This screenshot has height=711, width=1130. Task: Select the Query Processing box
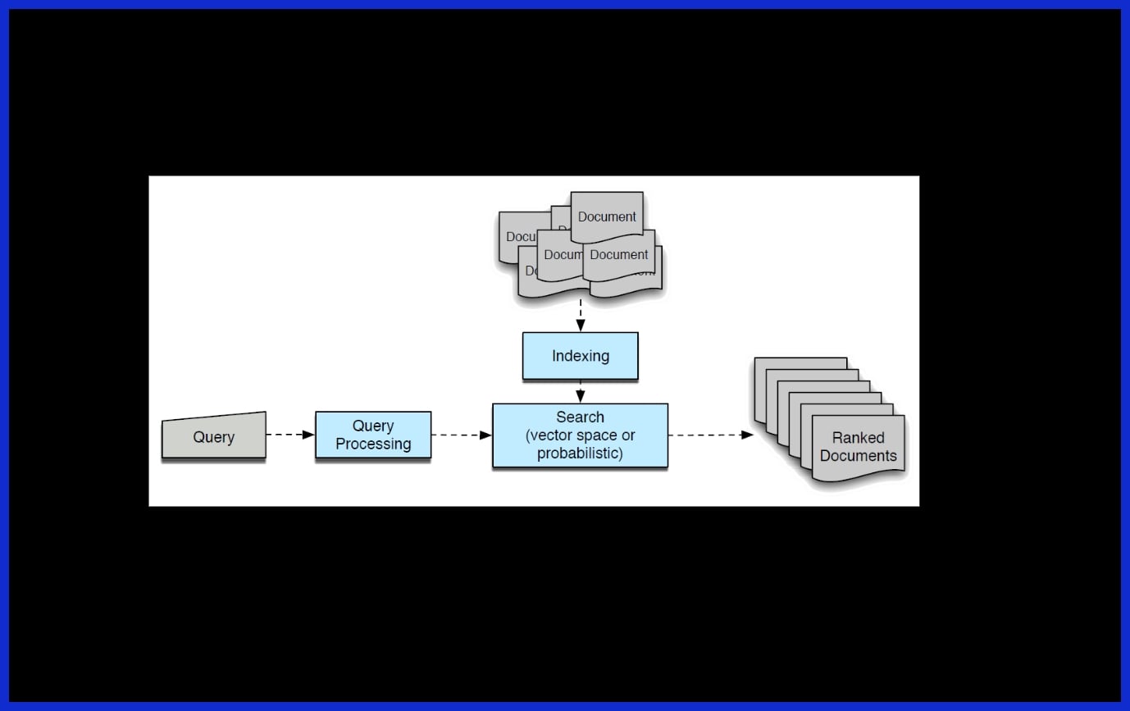(x=373, y=435)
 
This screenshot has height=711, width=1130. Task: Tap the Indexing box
(x=580, y=356)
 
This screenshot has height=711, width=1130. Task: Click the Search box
(x=580, y=435)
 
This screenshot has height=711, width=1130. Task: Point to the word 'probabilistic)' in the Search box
(x=580, y=453)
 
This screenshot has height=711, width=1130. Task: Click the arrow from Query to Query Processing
(x=290, y=435)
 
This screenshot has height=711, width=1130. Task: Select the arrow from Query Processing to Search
(x=461, y=435)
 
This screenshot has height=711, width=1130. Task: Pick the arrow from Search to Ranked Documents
(x=710, y=435)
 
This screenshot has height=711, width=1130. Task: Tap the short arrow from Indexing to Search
(x=581, y=391)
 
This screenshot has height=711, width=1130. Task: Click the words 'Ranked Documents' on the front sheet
(x=858, y=447)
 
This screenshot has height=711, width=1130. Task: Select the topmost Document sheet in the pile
(x=607, y=216)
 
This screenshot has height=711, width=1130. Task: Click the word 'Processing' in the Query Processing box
(x=373, y=444)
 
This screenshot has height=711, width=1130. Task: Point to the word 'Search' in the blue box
(x=580, y=417)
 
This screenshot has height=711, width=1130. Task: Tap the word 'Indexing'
(x=580, y=356)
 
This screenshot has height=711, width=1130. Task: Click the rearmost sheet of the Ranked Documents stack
(x=800, y=363)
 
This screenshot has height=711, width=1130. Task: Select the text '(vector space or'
(x=580, y=435)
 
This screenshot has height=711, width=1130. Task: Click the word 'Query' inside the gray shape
(x=213, y=437)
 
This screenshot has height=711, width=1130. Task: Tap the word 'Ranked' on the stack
(x=858, y=438)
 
